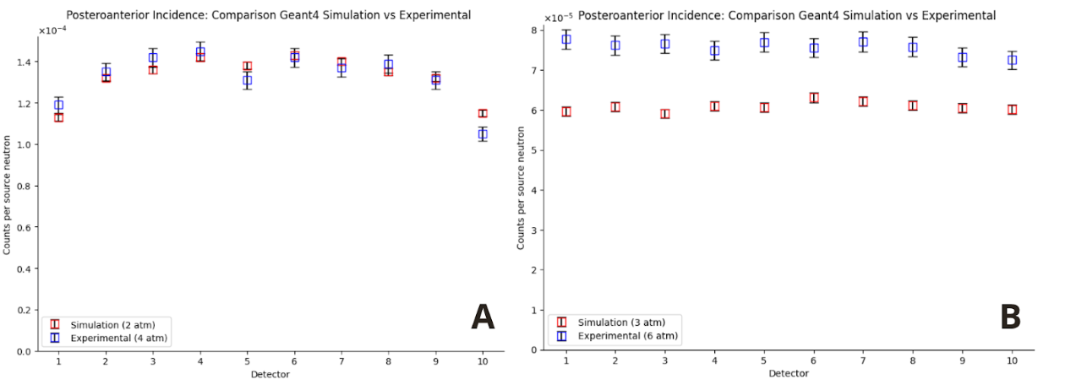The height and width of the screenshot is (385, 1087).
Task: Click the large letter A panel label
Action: point(482,317)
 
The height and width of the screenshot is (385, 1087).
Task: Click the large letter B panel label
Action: point(1010,317)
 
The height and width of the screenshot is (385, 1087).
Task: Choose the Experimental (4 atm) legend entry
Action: point(110,338)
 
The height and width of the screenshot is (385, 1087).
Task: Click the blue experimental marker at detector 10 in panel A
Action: point(483,134)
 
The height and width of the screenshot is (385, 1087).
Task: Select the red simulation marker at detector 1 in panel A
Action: point(59,117)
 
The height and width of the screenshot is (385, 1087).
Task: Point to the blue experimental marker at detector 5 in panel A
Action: point(247,81)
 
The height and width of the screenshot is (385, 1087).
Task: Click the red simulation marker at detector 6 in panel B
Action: point(814,98)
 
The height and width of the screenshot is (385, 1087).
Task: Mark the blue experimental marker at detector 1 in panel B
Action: point(566,40)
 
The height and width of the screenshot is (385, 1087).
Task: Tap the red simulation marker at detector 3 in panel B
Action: point(665,114)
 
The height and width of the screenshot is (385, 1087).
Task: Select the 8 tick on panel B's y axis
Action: point(534,30)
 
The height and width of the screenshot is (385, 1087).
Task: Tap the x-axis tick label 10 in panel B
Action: point(1012,361)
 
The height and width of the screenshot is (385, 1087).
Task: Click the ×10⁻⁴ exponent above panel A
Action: point(51,30)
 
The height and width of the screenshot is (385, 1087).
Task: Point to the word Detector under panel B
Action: point(789,373)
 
